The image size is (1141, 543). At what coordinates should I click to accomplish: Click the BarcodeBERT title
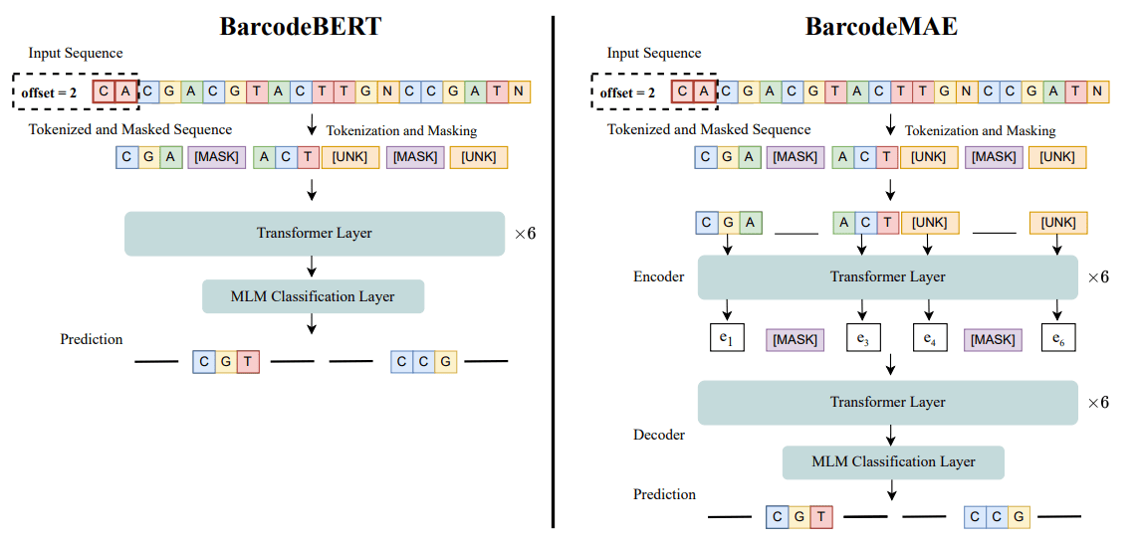click(301, 26)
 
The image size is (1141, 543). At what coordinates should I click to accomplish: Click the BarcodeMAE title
click(880, 26)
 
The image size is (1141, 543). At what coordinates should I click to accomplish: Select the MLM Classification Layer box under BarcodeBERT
click(313, 296)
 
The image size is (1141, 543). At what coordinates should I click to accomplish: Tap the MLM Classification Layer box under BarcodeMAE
click(893, 461)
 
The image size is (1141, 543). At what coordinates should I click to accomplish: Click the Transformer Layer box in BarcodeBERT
click(315, 234)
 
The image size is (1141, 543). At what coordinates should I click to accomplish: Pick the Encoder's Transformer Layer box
click(887, 276)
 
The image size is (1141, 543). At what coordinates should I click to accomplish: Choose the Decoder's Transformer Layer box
click(887, 402)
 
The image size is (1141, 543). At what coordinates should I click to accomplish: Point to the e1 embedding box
click(726, 338)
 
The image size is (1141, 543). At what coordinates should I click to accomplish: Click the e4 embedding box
click(929, 338)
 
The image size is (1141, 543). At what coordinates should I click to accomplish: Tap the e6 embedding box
click(1057, 338)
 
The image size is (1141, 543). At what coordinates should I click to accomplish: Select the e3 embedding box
click(861, 338)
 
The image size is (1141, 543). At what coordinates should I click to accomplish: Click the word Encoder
click(658, 276)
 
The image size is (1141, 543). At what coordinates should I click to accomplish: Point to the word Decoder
click(658, 435)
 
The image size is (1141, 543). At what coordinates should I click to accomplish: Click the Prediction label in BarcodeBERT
click(92, 339)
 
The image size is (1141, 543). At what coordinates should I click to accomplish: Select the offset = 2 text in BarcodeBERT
click(49, 93)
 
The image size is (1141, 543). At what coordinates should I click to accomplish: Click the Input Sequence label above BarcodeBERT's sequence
click(76, 53)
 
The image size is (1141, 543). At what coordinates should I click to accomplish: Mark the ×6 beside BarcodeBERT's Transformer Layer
click(525, 235)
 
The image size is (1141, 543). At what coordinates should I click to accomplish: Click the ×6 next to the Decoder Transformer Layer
click(1098, 403)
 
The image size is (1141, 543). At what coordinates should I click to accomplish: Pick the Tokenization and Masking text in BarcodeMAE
click(980, 130)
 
